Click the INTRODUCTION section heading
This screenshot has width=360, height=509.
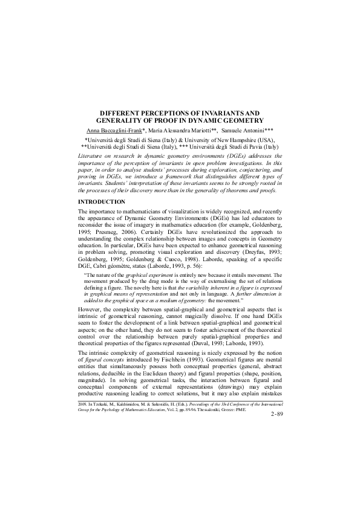[102, 201]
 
